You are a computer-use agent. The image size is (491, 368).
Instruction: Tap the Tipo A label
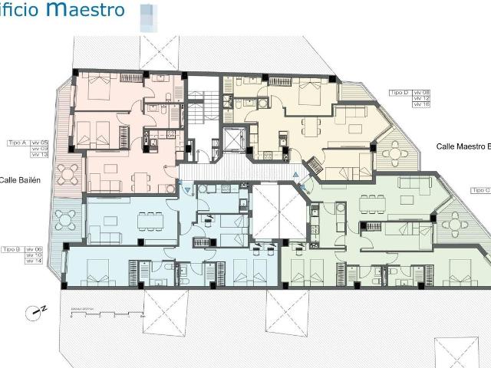coord(17,143)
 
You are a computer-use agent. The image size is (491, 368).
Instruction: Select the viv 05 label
coord(39,143)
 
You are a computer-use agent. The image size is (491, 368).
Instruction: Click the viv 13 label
coord(39,155)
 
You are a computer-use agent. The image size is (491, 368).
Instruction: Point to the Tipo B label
coord(11,250)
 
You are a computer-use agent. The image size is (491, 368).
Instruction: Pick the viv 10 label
coord(34,255)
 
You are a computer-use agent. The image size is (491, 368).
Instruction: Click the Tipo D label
coord(399,93)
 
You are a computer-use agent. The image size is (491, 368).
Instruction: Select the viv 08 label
coord(420,93)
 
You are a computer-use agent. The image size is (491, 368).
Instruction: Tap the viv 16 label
coord(420,105)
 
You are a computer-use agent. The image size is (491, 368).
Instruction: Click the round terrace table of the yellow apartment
coord(396,154)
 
